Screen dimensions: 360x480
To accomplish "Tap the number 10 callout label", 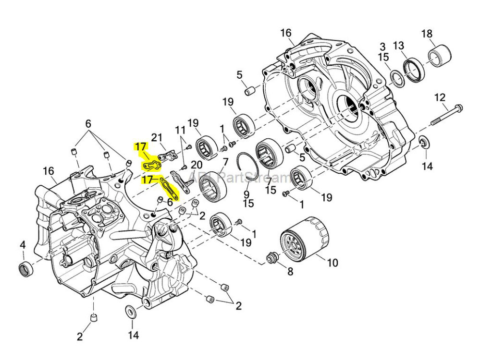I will tap(332, 263).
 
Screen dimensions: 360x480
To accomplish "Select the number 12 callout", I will tap(440, 97).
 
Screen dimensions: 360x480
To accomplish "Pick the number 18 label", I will tap(427, 34).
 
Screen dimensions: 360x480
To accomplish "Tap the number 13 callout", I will tap(398, 46).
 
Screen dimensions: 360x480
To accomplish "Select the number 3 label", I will tap(382, 47).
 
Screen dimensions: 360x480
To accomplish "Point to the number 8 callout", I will tap(290, 272).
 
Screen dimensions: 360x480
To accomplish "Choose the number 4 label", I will tap(23, 245).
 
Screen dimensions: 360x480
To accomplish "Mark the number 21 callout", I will tap(157, 138).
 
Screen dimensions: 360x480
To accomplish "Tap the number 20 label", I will tap(197, 165).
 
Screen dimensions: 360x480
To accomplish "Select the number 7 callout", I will tap(225, 162).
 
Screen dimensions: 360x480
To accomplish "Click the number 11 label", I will tap(180, 130).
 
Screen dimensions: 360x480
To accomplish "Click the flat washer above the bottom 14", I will tap(131, 312).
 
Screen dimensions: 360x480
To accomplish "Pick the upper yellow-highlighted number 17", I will tap(140, 147).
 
